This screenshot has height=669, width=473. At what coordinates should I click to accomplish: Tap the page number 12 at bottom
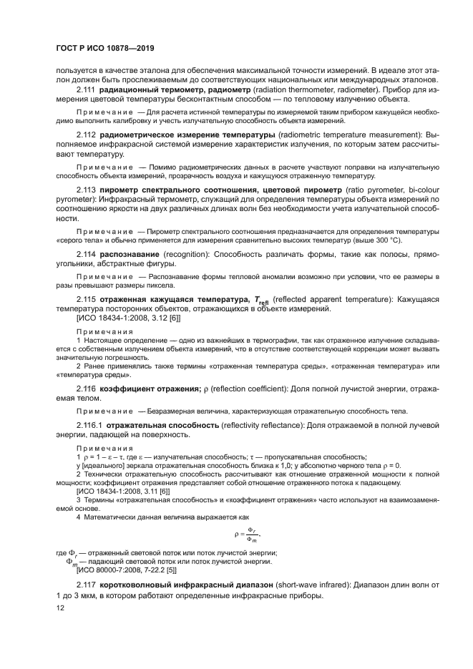[x=60, y=607]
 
